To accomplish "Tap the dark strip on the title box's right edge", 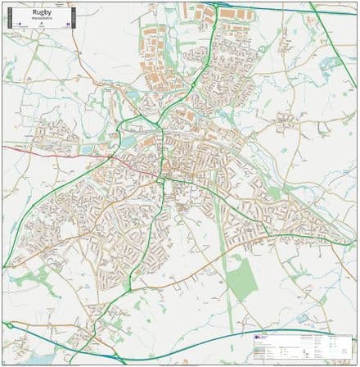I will click(72, 18).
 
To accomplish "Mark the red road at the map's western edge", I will click(16, 149).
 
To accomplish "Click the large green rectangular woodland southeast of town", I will click(241, 279).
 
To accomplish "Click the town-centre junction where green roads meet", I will click(164, 176).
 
